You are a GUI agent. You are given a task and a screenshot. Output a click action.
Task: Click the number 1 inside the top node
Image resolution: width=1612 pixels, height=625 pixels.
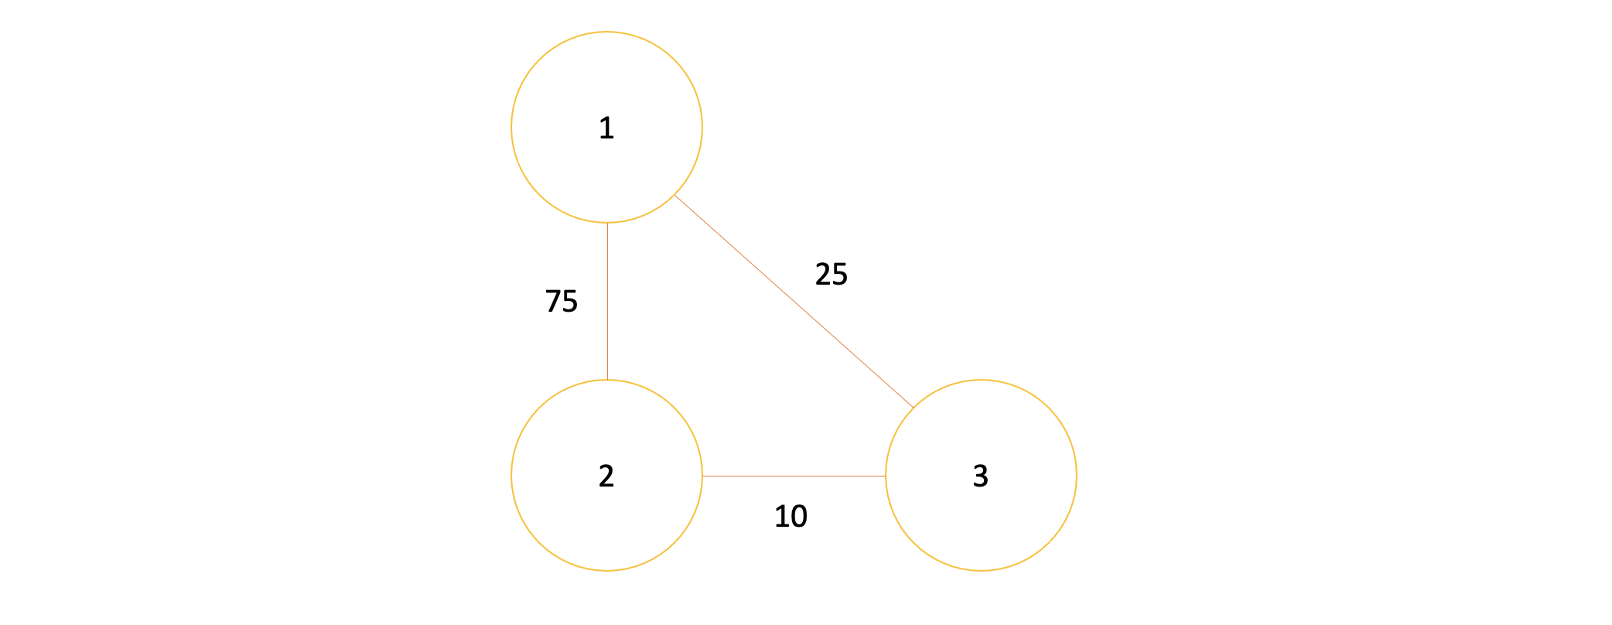pos(606,128)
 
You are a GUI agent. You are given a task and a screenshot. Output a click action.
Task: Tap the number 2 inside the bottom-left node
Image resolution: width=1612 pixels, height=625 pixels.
pos(606,476)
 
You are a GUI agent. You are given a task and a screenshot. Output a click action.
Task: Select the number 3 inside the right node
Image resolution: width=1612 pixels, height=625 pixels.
pos(980,476)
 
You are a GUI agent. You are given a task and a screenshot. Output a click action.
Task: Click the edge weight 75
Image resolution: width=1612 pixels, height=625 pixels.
pos(562,301)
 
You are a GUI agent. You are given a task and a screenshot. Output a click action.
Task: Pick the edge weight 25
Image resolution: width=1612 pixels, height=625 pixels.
pos(832,275)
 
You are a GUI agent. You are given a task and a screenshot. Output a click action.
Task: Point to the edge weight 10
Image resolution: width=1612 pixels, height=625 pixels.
pos(791,516)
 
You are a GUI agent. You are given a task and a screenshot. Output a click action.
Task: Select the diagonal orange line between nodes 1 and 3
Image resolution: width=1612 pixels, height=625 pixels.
pos(794,302)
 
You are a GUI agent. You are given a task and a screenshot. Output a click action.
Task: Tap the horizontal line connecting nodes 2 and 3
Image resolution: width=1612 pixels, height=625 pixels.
pos(794,476)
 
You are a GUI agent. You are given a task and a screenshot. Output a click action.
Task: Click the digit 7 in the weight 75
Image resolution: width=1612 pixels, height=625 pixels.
pos(553,301)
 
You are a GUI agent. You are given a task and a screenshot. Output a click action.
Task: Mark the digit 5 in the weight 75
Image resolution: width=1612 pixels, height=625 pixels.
pos(570,301)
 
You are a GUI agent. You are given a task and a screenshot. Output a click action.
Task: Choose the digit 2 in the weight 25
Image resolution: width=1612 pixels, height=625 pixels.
pos(823,275)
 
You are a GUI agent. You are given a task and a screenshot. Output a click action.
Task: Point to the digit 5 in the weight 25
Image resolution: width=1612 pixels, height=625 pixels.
pos(840,275)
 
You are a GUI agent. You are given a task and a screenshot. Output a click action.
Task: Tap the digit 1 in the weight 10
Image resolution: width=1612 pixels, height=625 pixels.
pos(781,516)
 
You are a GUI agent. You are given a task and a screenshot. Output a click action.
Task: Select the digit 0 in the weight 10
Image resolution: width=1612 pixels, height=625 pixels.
pos(799,516)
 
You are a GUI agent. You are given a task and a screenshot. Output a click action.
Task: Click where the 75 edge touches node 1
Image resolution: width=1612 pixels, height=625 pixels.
pos(607,224)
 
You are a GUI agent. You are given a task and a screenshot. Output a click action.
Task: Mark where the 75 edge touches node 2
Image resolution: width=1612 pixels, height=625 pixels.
pos(607,380)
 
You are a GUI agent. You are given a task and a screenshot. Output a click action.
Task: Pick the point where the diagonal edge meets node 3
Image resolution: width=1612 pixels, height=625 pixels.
pos(914,408)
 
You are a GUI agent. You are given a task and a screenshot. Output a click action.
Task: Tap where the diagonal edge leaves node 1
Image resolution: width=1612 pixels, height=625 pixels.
pos(675,195)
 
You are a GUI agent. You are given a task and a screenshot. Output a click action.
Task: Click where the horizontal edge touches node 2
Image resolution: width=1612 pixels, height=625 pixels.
pos(702,476)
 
